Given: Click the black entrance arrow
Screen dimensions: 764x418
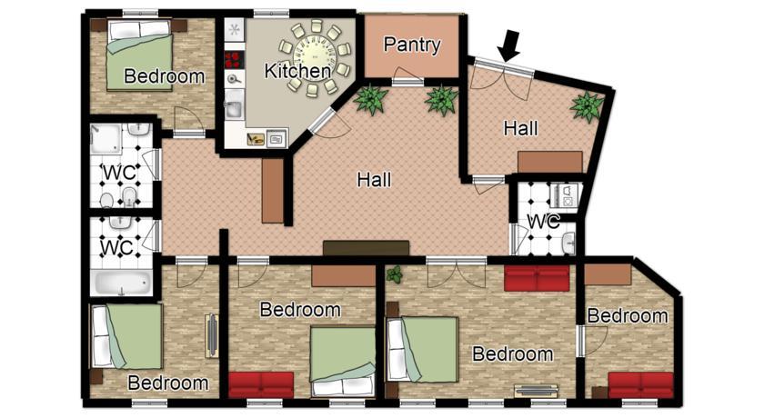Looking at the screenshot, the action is [509, 45].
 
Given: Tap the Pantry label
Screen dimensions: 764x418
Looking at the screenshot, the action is [412, 45].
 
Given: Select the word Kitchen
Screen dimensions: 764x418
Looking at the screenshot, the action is [297, 71].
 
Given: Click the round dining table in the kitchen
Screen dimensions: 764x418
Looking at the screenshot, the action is [314, 57].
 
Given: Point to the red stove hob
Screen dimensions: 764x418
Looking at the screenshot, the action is [234, 60].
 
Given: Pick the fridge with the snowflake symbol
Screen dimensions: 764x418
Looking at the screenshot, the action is [235, 30].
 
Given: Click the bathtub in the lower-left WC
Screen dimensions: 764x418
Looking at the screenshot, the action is [122, 283].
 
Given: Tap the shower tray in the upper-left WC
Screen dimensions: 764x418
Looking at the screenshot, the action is [106, 138].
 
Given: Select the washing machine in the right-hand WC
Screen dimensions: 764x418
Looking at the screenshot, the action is [566, 194].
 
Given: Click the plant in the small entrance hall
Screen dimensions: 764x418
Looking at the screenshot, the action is [588, 106].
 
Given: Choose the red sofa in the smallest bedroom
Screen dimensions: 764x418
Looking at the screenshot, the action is [640, 384].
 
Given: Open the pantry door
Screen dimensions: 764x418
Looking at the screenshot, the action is [407, 76].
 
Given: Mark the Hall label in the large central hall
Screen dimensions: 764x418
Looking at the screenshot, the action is [374, 180].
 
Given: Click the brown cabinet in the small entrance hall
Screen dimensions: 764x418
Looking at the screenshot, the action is [550, 162].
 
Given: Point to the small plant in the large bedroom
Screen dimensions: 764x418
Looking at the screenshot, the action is [395, 275].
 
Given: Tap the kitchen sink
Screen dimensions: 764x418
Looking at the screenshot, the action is [235, 108].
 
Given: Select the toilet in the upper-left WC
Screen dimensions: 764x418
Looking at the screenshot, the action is [106, 200].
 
